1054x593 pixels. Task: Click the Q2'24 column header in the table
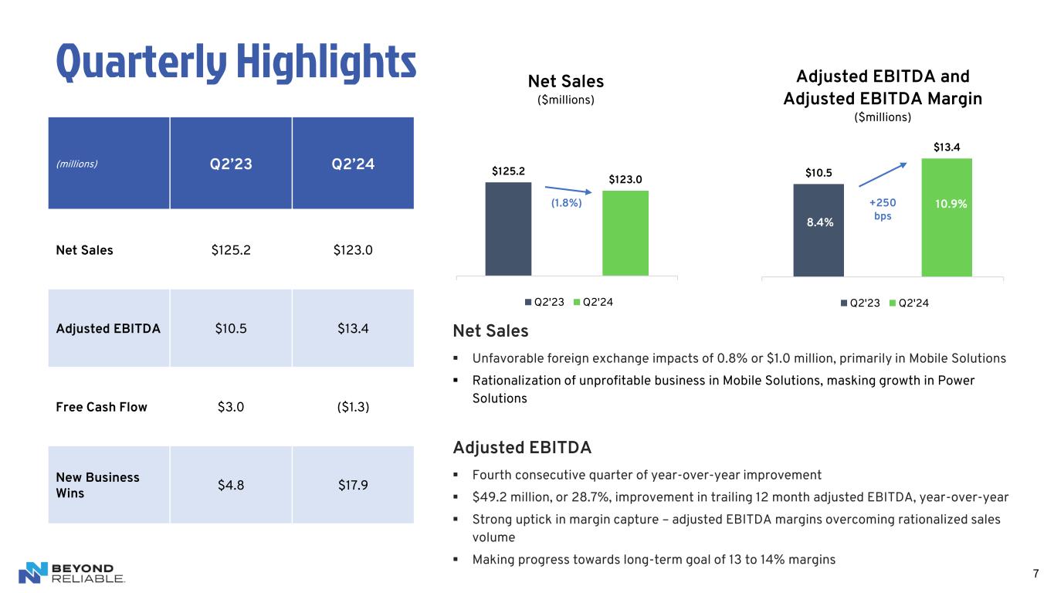tap(353, 163)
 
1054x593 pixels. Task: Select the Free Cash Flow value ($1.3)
tap(353, 407)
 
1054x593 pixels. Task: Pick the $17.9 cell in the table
tap(353, 485)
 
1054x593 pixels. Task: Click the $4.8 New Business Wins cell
tap(231, 485)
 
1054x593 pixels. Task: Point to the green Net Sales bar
tap(625, 232)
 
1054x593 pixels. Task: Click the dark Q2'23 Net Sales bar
tap(508, 229)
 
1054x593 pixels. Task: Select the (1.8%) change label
tap(566, 203)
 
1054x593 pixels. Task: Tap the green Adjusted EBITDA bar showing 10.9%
tap(946, 217)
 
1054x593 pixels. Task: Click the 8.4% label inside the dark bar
tap(818, 222)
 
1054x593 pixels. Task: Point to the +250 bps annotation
tap(883, 209)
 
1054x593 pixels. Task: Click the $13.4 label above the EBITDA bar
tap(946, 147)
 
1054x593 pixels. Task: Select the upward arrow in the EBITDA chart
tap(884, 175)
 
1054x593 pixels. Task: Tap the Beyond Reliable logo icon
tap(33, 573)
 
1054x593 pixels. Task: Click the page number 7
tap(1035, 573)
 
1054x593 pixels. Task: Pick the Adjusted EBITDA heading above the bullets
tap(522, 448)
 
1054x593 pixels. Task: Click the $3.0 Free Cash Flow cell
tap(231, 407)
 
